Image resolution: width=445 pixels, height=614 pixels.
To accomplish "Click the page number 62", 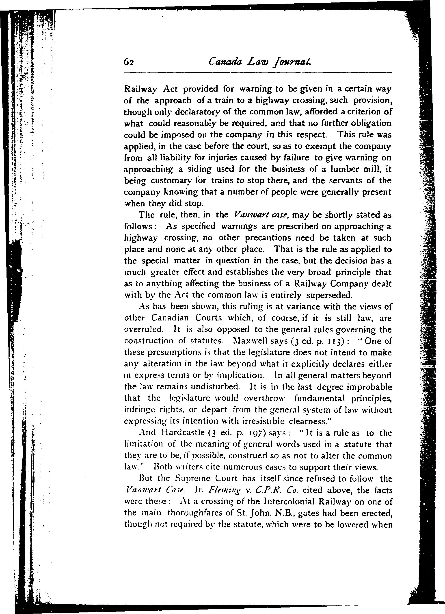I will (x=129, y=62).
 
